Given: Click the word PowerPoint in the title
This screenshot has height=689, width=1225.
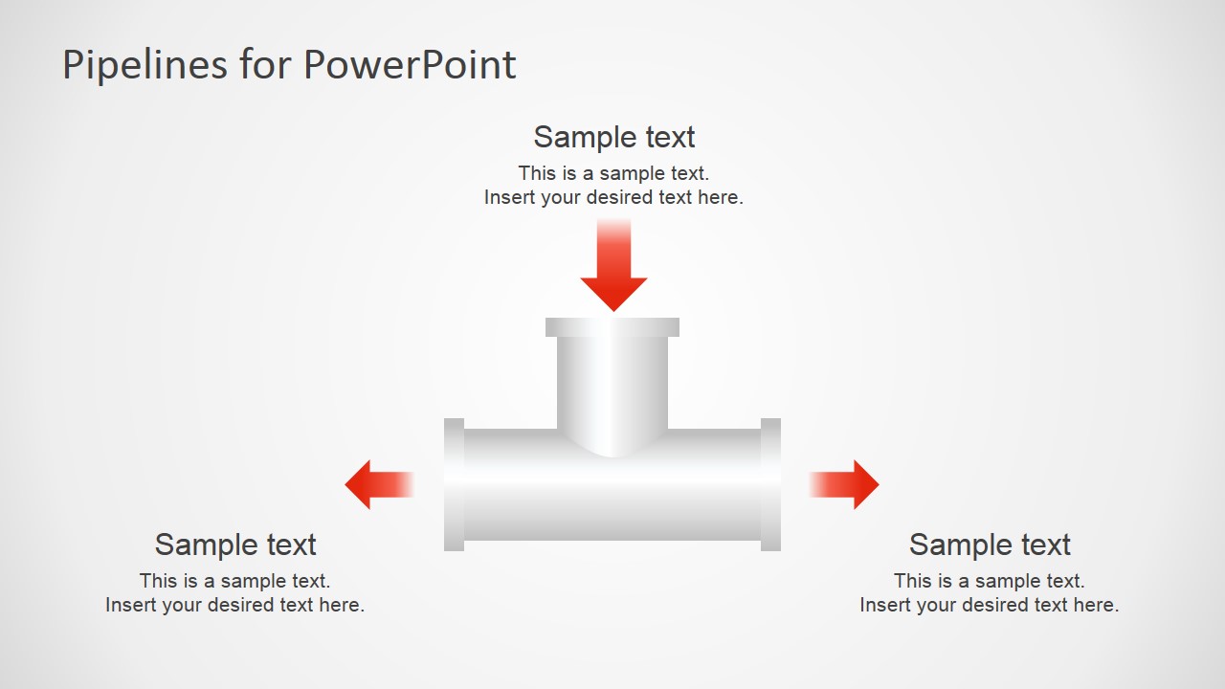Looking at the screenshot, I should pyautogui.click(x=410, y=65).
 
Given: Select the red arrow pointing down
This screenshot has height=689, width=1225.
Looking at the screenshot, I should pyautogui.click(x=613, y=268).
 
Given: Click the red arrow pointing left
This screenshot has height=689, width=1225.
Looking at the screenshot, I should pyautogui.click(x=375, y=484).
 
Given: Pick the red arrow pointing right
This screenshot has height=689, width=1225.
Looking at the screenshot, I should pyautogui.click(x=848, y=484).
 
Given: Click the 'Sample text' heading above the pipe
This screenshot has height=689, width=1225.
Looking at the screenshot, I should pyautogui.click(x=613, y=137).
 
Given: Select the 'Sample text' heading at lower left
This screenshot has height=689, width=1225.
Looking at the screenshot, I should pyautogui.click(x=235, y=545).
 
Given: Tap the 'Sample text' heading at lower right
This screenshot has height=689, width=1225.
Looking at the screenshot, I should pyautogui.click(x=990, y=545).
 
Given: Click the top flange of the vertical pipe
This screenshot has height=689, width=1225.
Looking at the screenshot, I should pyautogui.click(x=612, y=327).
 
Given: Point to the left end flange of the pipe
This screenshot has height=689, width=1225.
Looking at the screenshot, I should pyautogui.click(x=455, y=484).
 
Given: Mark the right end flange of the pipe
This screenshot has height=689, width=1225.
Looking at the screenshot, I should pyautogui.click(x=770, y=484).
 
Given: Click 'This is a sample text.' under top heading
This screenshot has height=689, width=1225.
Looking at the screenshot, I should pyautogui.click(x=613, y=173).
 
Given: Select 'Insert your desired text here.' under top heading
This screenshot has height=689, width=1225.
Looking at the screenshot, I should pyautogui.click(x=613, y=198).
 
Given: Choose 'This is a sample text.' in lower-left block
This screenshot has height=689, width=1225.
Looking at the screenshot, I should pyautogui.click(x=235, y=581).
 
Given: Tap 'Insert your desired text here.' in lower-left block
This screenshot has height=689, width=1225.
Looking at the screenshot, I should pyautogui.click(x=235, y=605).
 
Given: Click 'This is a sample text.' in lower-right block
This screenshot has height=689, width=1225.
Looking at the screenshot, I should pyautogui.click(x=990, y=581).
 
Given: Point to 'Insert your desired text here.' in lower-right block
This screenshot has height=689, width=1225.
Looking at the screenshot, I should pyautogui.click(x=990, y=605).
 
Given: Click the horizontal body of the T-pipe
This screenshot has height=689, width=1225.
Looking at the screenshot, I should pyautogui.click(x=612, y=498).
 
